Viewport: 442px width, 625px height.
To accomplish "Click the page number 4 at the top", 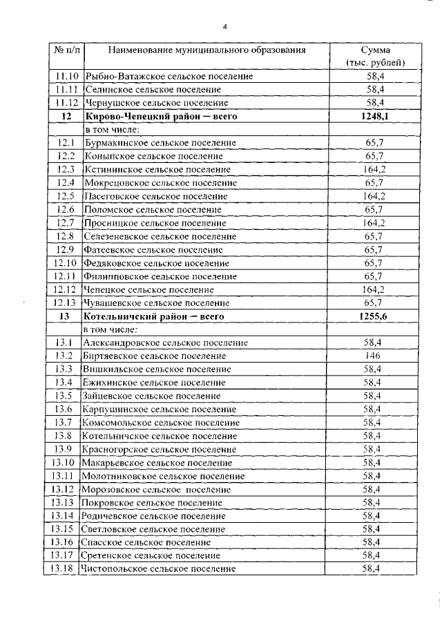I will [224, 27].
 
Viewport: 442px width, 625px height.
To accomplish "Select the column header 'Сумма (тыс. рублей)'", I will [375, 56].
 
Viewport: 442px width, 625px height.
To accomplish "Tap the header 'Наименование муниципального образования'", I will [206, 50].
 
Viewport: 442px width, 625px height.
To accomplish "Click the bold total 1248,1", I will [375, 116].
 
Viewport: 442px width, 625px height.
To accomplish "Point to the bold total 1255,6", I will [375, 316].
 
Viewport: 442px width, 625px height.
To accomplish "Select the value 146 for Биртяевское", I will [375, 356].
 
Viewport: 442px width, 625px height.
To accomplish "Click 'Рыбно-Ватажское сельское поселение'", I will [168, 76].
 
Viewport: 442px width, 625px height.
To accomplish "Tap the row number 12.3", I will [66, 169].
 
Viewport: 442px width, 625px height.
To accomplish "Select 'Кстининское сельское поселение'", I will [157, 169].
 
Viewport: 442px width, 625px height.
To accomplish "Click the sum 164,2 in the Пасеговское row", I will [375, 195].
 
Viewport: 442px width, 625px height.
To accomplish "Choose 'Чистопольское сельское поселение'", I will [158, 568].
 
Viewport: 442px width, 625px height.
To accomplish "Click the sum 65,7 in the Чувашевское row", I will [375, 302].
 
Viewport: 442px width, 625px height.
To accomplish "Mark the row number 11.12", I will [66, 103].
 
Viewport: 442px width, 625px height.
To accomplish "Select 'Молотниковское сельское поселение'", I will [162, 476].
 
